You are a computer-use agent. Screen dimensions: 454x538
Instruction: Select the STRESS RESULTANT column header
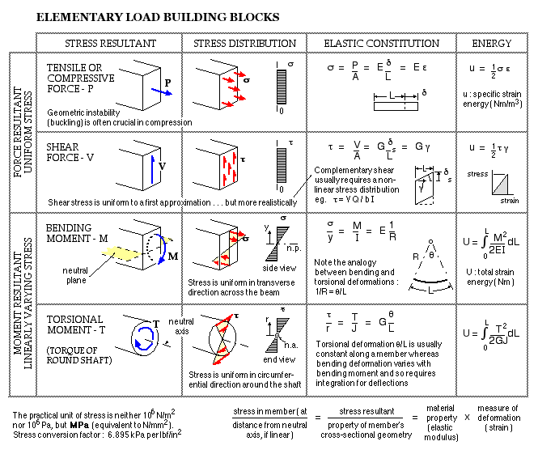(108, 43)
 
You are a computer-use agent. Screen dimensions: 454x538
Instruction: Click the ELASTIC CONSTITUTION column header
(381, 43)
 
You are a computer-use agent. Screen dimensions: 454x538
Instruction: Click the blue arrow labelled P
(162, 91)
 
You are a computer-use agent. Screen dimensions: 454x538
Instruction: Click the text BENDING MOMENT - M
(82, 235)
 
